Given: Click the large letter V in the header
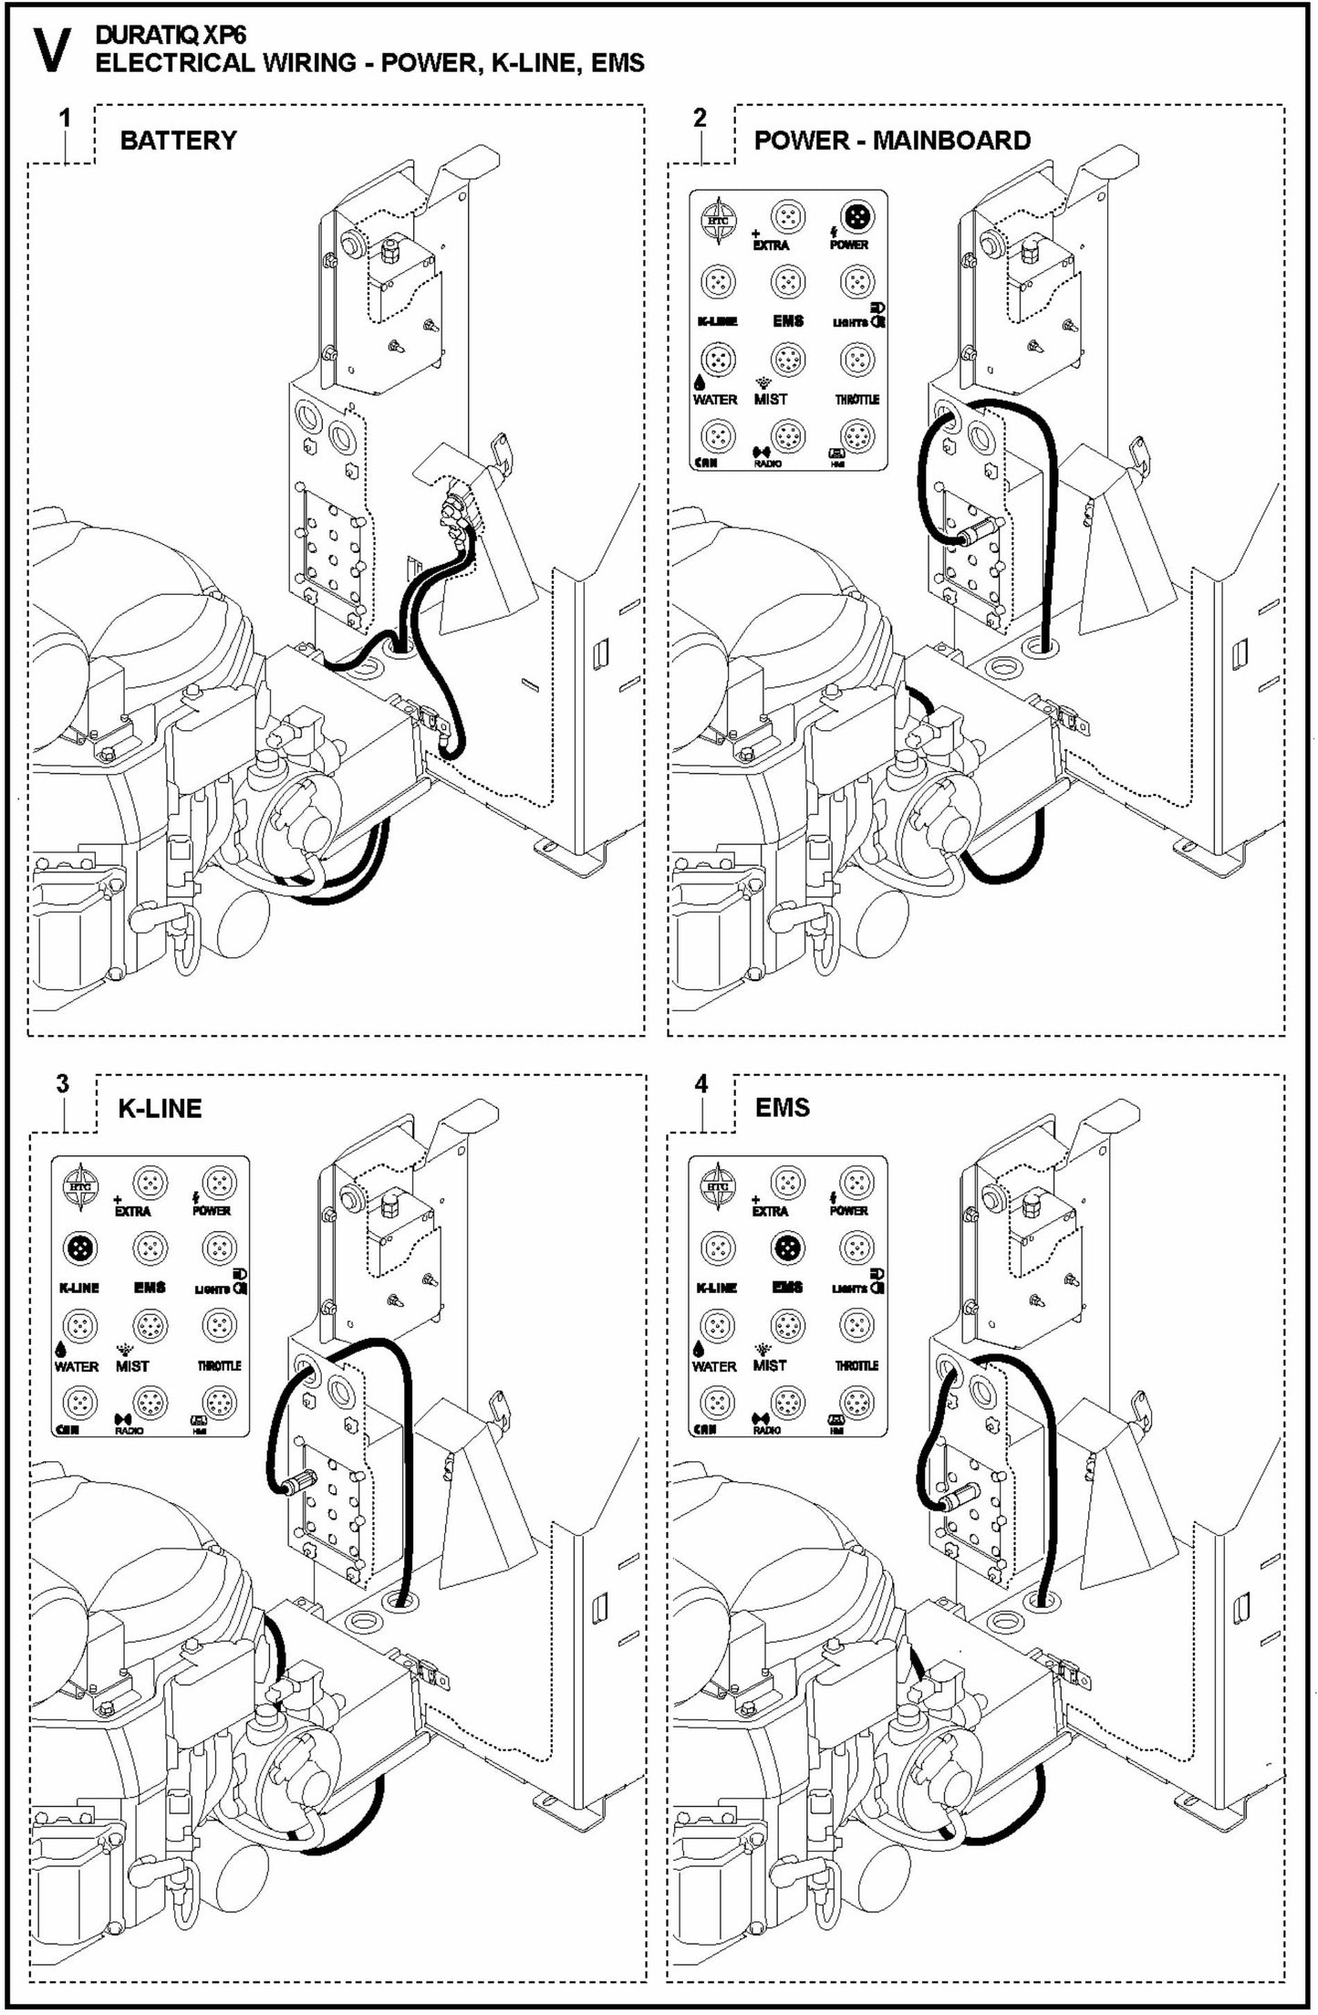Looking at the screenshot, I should pyautogui.click(x=51, y=50).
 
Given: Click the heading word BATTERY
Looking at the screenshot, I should pyautogui.click(x=178, y=141).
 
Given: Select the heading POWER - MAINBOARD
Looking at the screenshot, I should pyautogui.click(x=892, y=141).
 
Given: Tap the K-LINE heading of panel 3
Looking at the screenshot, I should pyautogui.click(x=160, y=1109).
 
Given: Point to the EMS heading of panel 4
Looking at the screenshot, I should pyautogui.click(x=782, y=1108).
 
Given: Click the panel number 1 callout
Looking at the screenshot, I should pyautogui.click(x=64, y=118).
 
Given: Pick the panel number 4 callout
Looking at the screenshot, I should pyautogui.click(x=701, y=1084).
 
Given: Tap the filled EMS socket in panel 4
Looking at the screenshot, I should pyautogui.click(x=785, y=1248).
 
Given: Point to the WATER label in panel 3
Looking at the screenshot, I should pyautogui.click(x=77, y=1366).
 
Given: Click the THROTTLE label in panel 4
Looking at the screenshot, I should pyautogui.click(x=856, y=1366).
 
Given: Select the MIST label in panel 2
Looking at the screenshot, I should pyautogui.click(x=770, y=400).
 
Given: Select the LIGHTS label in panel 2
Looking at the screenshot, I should pyautogui.click(x=850, y=322).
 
